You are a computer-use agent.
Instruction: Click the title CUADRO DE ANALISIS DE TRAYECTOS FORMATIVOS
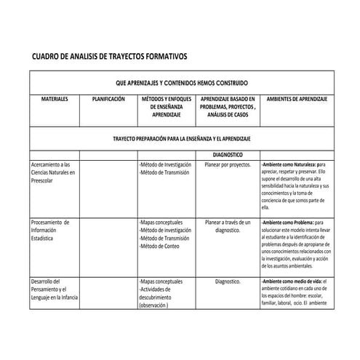click(110, 56)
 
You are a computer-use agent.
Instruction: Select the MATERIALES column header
click(55, 98)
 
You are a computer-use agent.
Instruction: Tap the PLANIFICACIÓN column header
click(109, 98)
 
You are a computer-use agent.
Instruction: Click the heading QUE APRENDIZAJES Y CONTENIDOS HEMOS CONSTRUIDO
click(181, 83)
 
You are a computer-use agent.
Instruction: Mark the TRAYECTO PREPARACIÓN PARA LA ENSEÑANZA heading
click(182, 138)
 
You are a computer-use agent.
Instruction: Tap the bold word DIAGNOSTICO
click(228, 155)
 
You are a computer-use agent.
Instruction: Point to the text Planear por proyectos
click(228, 165)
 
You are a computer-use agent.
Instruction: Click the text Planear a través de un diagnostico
click(228, 226)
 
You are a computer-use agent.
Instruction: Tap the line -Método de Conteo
click(163, 247)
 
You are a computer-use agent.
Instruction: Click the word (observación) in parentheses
click(153, 306)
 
